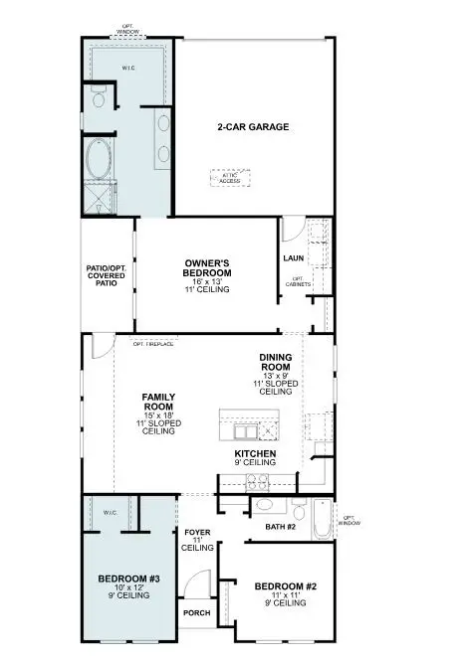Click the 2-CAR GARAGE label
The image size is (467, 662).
pos(253,127)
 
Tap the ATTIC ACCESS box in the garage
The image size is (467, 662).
pos(231,178)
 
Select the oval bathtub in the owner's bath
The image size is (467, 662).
pos(99,160)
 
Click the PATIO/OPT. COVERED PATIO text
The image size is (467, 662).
pos(107,275)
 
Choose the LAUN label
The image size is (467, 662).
pos(293,258)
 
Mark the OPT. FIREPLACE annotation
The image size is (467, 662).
pos(152,343)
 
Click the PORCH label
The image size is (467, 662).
pos(196,613)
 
